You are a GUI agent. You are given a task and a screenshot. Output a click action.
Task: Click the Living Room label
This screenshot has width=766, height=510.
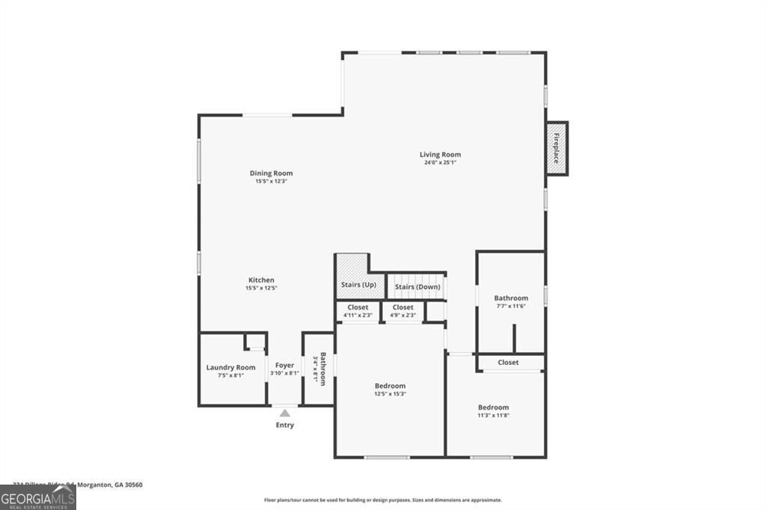(x=440, y=155)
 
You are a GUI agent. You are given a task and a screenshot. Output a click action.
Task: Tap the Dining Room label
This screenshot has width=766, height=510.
(x=271, y=173)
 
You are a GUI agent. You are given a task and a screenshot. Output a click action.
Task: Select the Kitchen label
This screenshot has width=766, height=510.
(x=261, y=280)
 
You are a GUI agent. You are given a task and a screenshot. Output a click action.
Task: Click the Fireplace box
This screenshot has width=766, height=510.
(x=557, y=149)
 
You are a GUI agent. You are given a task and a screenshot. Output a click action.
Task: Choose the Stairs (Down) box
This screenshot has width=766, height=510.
(x=417, y=286)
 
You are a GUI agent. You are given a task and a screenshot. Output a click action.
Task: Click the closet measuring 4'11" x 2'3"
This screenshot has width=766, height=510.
(x=358, y=311)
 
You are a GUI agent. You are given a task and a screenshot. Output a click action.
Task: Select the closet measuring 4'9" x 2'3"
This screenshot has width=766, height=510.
(x=402, y=311)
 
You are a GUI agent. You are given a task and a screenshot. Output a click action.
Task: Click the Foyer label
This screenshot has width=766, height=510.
(x=284, y=366)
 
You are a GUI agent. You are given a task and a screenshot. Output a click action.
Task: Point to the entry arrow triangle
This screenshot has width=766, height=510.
(x=284, y=412)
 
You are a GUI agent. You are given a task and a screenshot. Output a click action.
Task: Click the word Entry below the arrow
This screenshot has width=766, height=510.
(x=284, y=425)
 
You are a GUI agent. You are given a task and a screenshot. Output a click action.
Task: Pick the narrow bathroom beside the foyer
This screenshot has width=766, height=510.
(x=319, y=369)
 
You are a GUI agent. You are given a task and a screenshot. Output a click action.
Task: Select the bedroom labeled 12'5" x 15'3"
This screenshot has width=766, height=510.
(x=390, y=390)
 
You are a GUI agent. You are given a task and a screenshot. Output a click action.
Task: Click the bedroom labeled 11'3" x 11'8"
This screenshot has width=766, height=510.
(x=494, y=411)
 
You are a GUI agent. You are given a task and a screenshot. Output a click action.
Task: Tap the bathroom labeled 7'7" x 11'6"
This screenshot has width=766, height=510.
(x=511, y=301)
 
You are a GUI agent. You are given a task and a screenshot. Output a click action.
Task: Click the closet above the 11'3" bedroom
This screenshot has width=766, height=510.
(x=509, y=363)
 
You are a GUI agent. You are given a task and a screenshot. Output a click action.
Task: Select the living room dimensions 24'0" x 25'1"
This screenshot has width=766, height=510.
(x=440, y=162)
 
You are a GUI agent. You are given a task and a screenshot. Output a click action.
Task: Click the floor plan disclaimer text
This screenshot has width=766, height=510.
(x=382, y=500)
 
